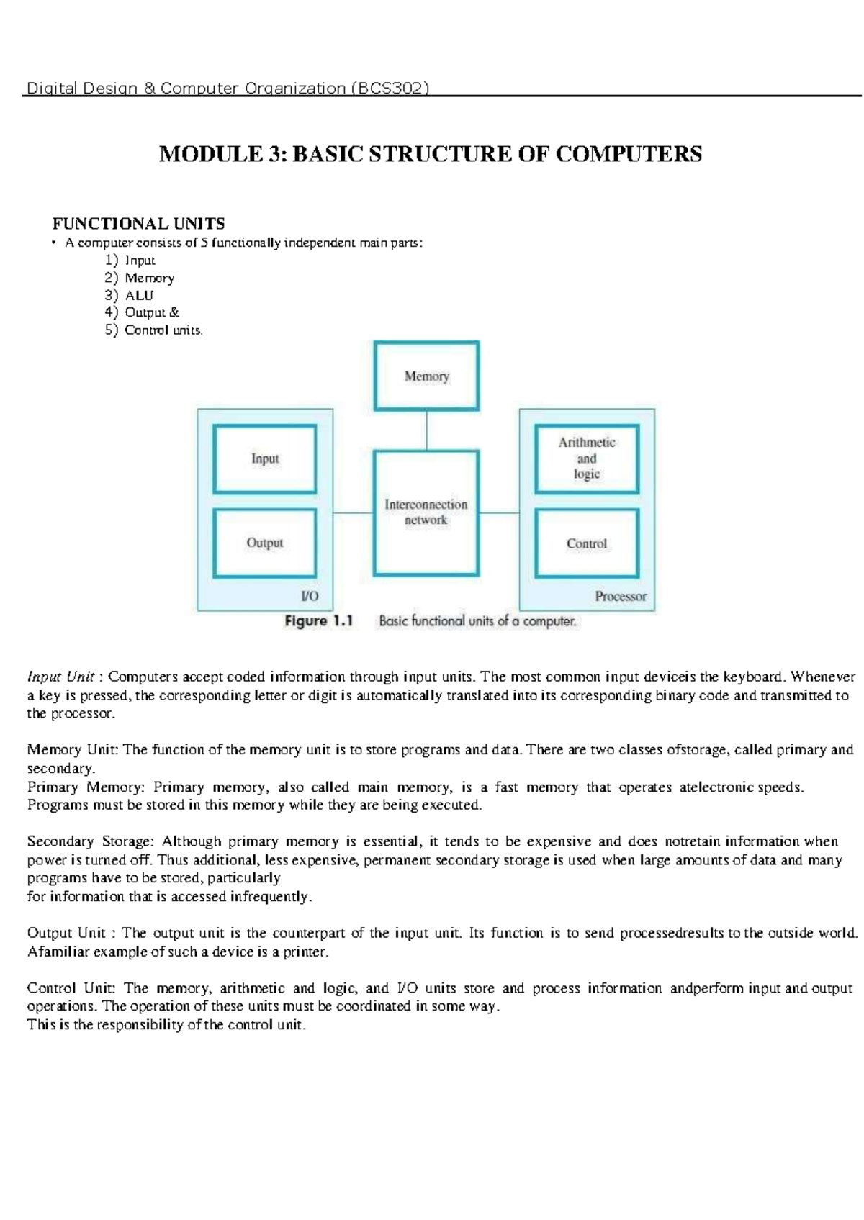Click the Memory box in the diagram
(426, 376)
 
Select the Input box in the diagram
(265, 458)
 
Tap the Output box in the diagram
(265, 543)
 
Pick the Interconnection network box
(426, 512)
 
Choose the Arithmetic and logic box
(587, 458)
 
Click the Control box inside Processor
(587, 543)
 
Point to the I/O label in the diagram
(310, 596)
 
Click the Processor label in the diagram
(621, 596)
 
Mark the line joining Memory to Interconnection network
(426, 430)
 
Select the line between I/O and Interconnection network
(353, 513)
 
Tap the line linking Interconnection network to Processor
(499, 513)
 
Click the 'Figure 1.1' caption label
(319, 621)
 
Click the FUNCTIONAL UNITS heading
(139, 224)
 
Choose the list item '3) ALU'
(130, 295)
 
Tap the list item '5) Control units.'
(154, 330)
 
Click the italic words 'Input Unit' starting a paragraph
(61, 677)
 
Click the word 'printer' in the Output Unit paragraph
(305, 952)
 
